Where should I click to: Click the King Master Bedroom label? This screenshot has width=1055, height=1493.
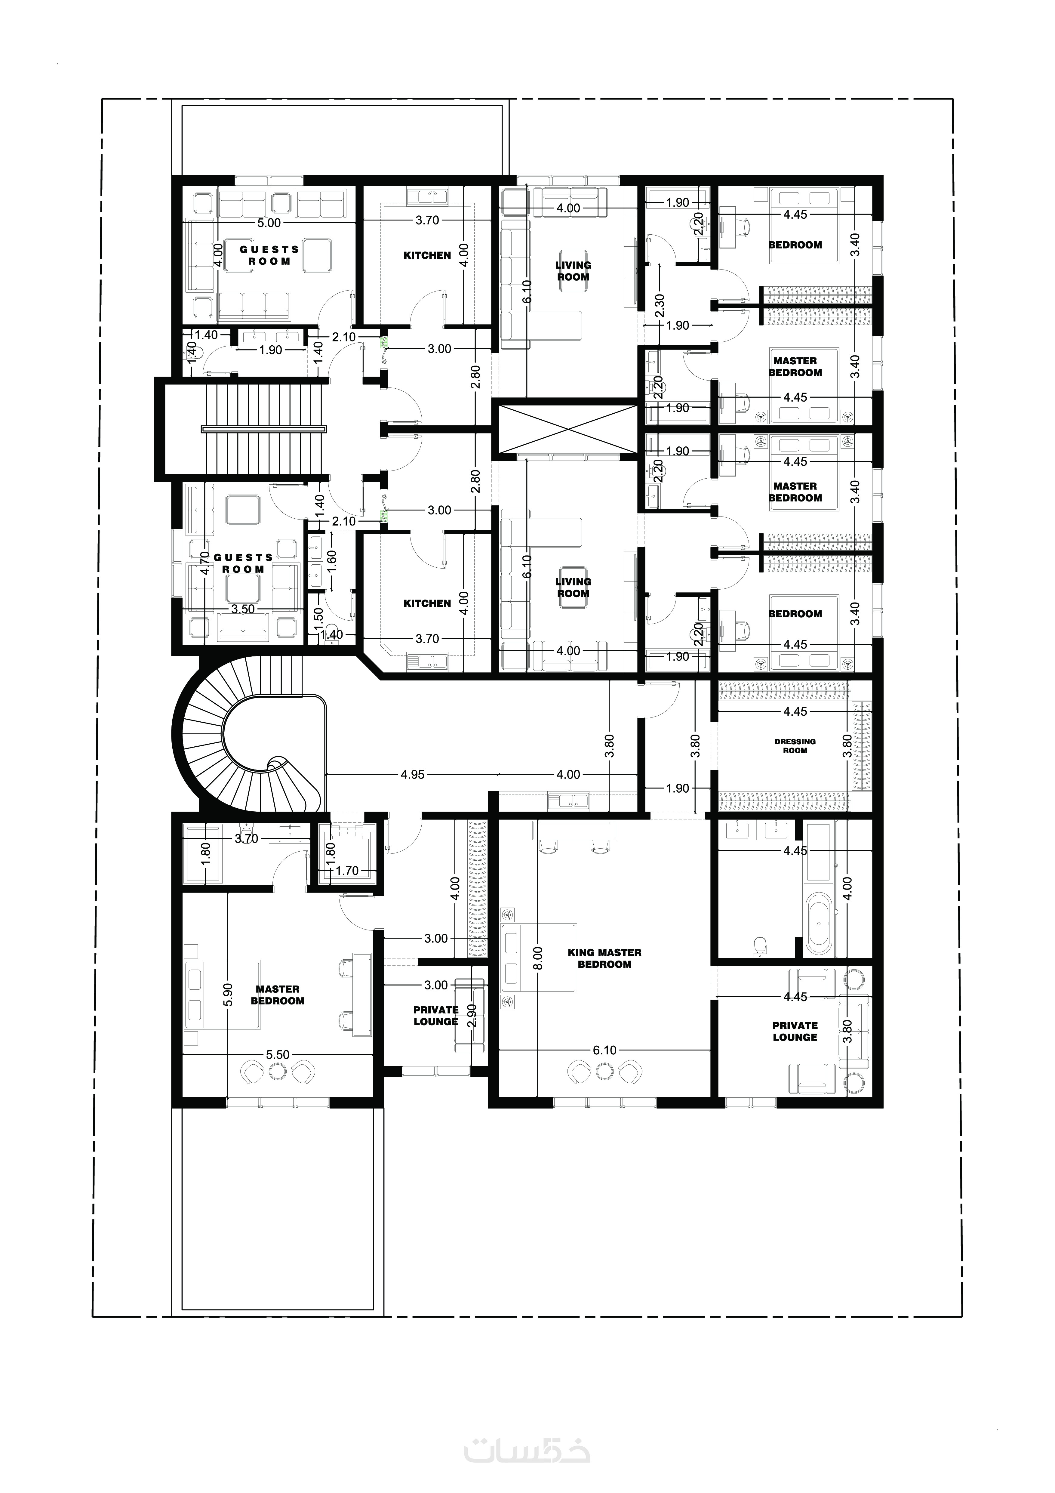coord(604,958)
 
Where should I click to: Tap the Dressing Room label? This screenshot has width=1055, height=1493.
coord(795,746)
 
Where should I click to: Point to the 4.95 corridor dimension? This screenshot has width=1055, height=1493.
coord(413,774)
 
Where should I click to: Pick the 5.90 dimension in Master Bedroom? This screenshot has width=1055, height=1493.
coord(228,995)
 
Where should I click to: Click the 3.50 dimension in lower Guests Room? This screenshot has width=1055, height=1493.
coord(243,609)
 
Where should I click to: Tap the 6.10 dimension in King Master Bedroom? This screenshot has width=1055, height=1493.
coord(604,1050)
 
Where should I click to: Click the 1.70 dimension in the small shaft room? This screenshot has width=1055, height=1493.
coord(347,871)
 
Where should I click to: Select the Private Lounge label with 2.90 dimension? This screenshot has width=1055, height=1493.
coord(436,1016)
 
